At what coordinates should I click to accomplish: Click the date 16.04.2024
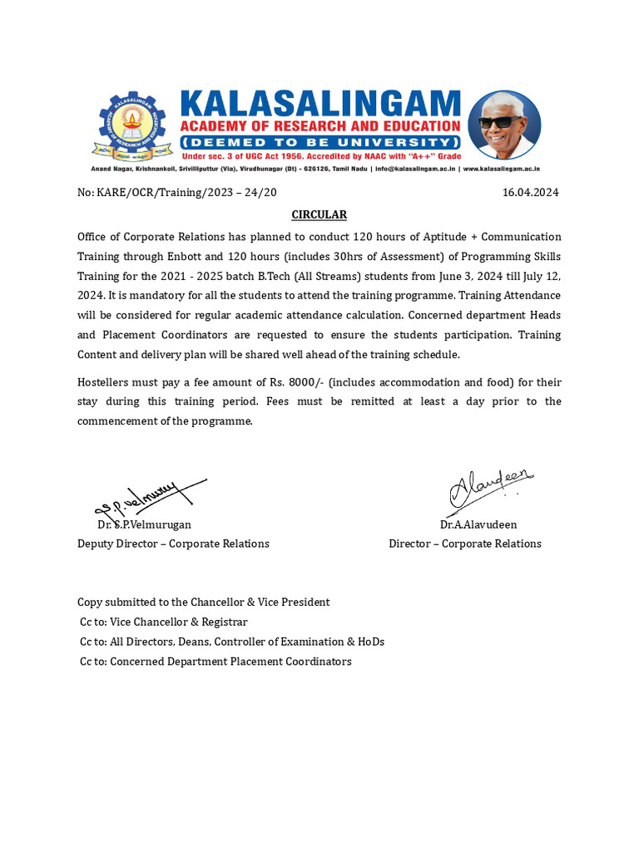click(531, 192)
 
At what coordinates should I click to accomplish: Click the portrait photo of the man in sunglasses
click(504, 125)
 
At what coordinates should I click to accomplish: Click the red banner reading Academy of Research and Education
click(320, 125)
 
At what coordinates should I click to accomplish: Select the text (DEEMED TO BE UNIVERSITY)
click(320, 143)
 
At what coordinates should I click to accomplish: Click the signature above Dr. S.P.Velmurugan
click(150, 499)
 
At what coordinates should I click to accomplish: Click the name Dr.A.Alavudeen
click(478, 524)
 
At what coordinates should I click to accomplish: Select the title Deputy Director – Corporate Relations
click(173, 544)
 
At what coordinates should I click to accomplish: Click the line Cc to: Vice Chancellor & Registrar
click(163, 622)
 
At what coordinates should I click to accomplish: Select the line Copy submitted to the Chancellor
click(204, 602)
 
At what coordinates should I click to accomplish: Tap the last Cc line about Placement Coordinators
click(215, 662)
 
